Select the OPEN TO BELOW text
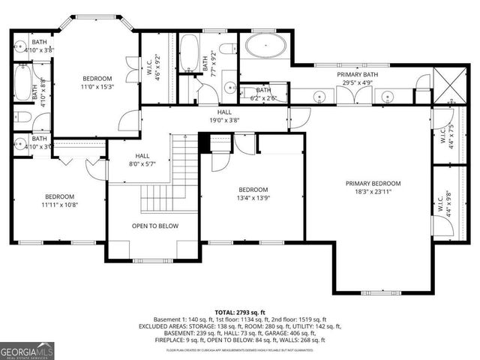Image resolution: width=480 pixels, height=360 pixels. (154, 226)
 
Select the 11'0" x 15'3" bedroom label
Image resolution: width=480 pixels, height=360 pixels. (97, 83)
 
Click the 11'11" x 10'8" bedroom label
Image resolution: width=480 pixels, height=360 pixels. (59, 200)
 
